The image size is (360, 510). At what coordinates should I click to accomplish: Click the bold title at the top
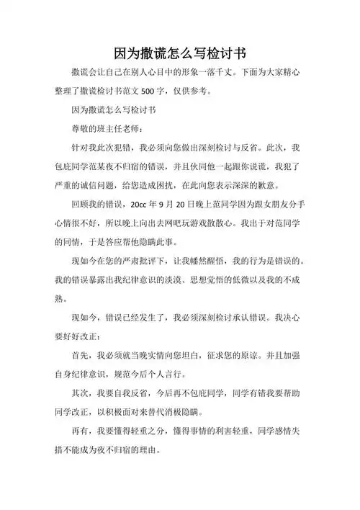tap(181, 54)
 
